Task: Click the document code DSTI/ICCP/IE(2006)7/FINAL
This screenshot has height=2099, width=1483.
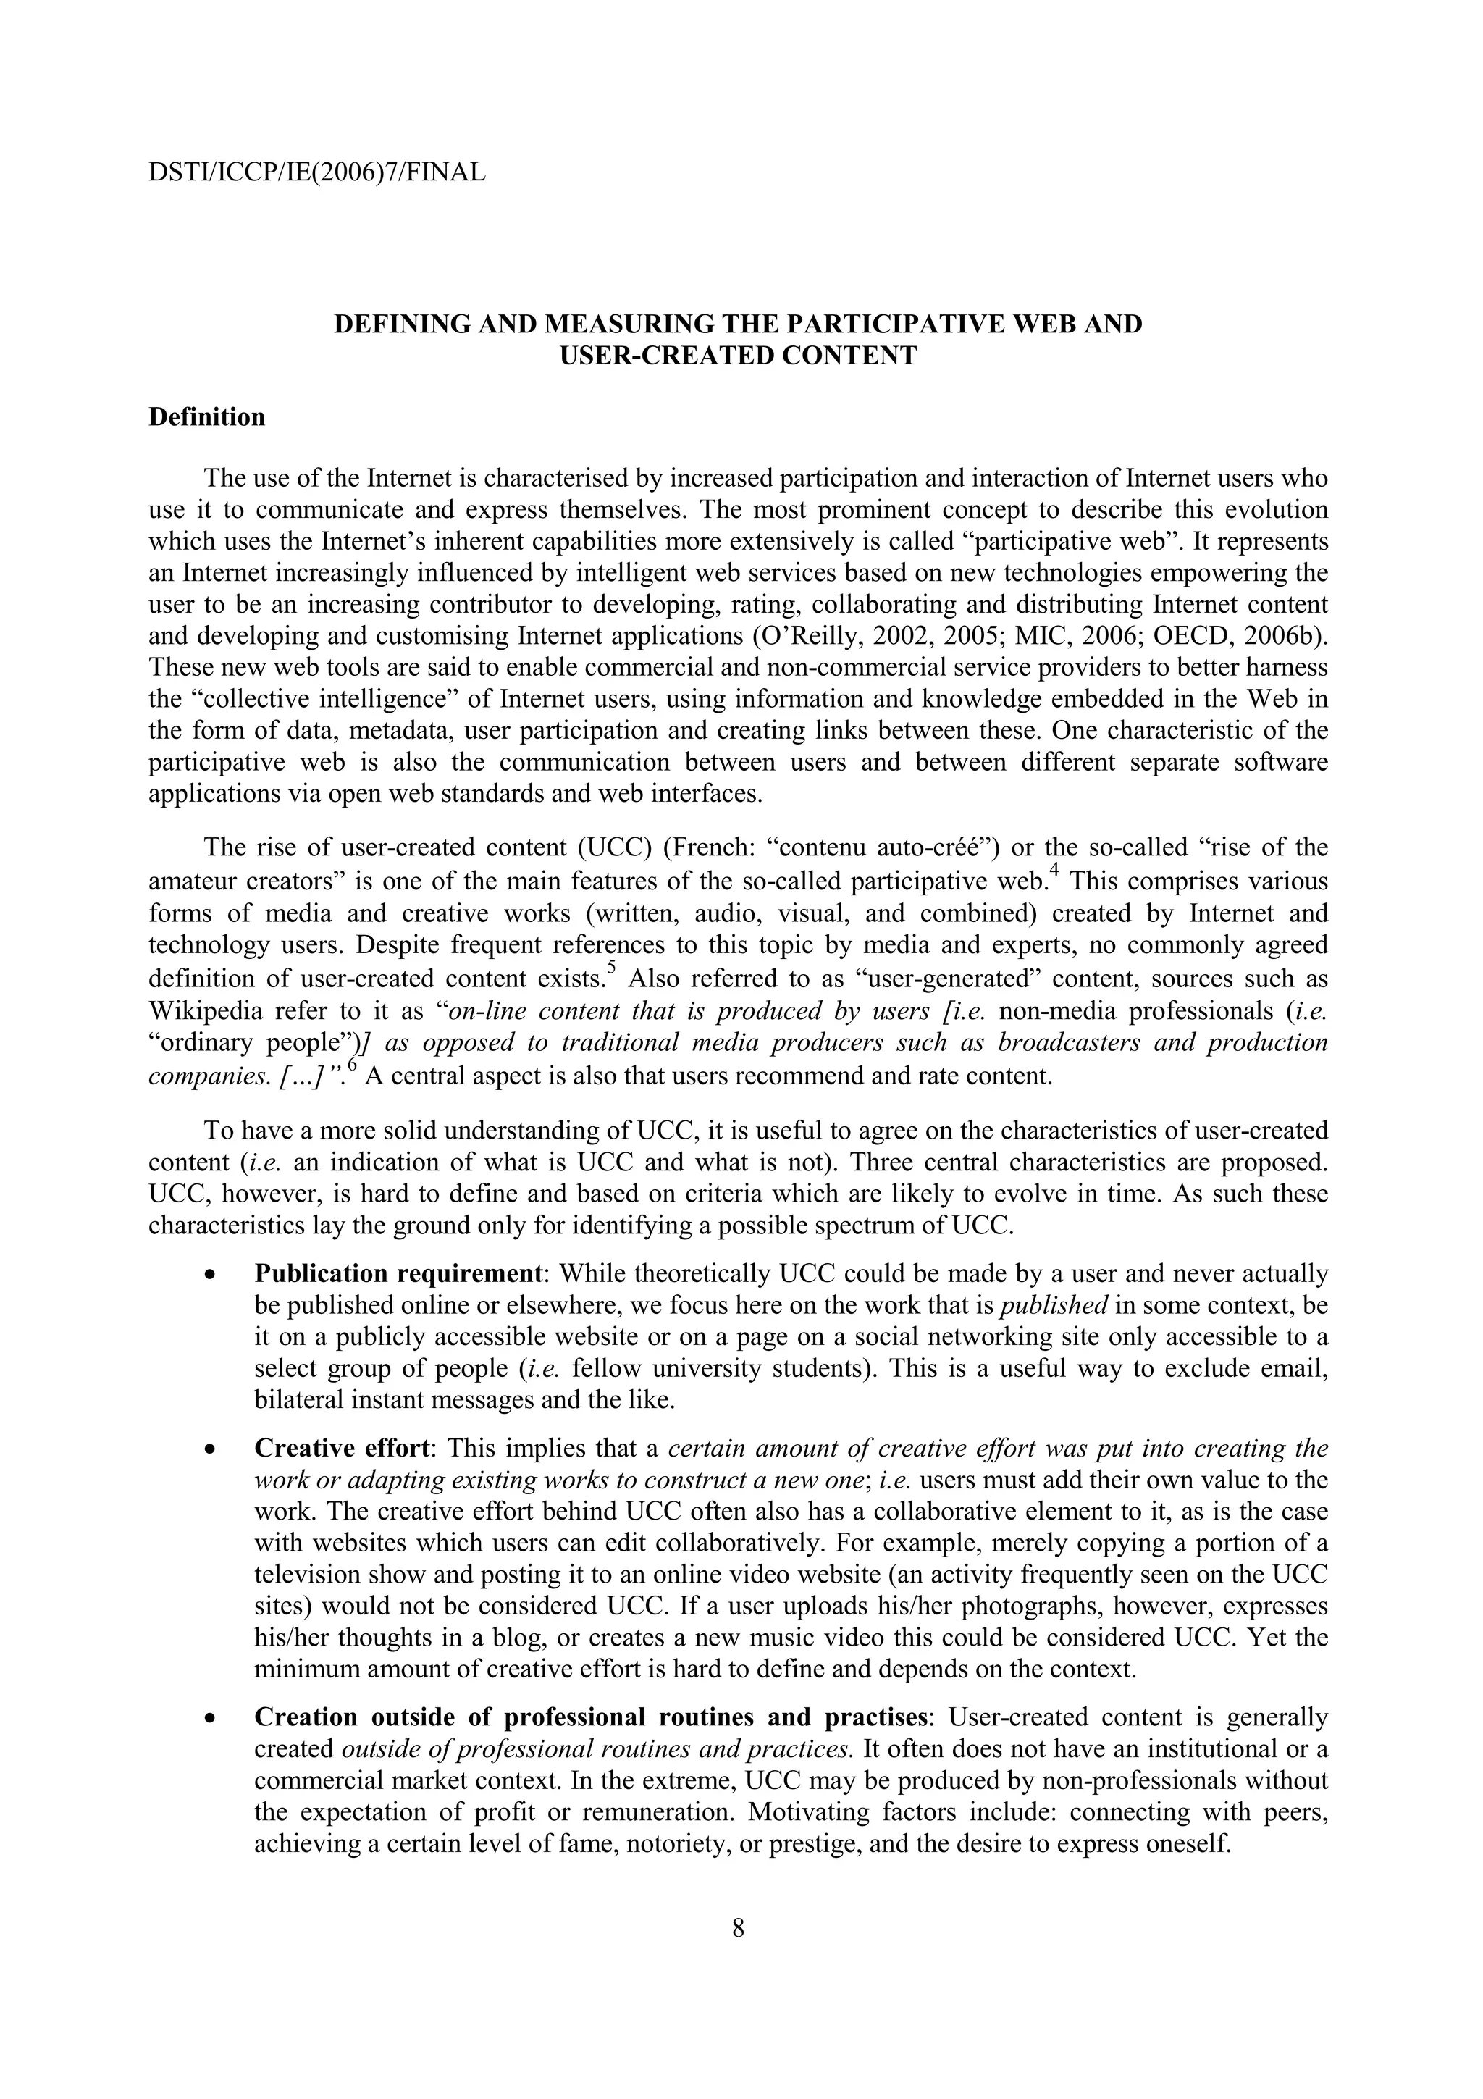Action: pos(316,171)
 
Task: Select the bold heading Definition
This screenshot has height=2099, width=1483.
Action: pos(206,417)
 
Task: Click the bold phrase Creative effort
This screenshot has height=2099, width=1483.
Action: pos(342,1449)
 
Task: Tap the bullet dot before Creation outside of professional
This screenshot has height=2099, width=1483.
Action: pos(211,1719)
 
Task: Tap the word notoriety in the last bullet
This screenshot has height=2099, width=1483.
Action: pos(676,1844)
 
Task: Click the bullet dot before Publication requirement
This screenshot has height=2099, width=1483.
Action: pos(211,1275)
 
